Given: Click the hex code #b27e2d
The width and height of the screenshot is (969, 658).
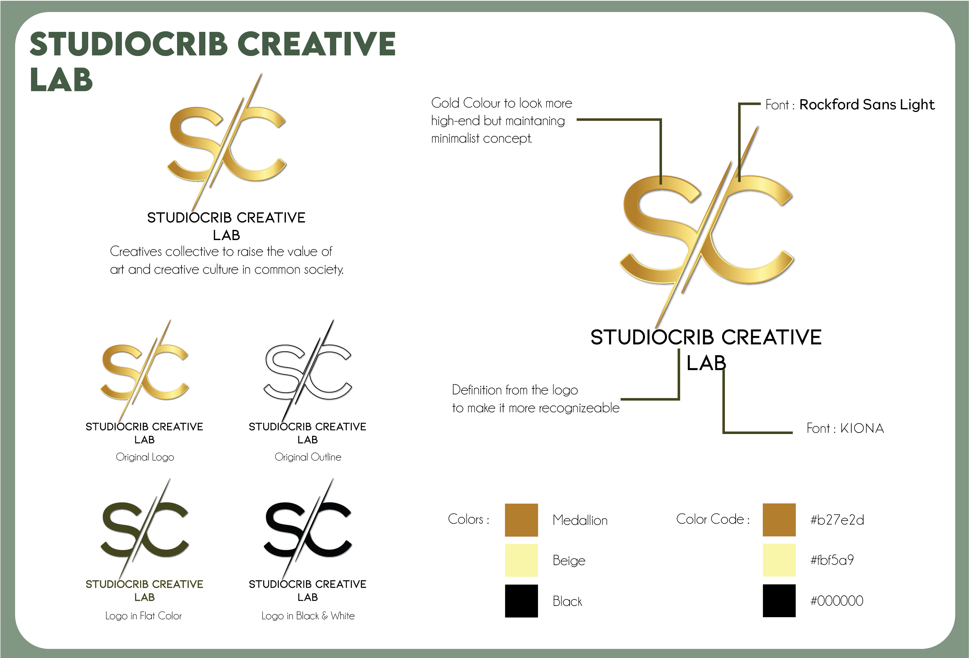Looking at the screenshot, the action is [x=837, y=520].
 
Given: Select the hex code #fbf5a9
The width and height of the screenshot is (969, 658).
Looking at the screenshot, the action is [x=832, y=560].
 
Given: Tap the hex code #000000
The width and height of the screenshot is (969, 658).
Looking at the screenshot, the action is [x=836, y=601].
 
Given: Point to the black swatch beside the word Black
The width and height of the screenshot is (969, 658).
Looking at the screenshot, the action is [x=521, y=601].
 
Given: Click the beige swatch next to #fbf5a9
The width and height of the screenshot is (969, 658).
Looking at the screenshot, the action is [x=779, y=560].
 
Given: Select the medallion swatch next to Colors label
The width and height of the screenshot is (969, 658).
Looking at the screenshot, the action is [x=521, y=520].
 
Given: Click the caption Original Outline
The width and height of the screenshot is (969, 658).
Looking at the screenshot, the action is [x=308, y=457].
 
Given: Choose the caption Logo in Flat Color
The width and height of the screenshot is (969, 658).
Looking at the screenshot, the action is [x=143, y=616].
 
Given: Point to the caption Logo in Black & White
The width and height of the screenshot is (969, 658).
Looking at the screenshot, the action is [x=308, y=616].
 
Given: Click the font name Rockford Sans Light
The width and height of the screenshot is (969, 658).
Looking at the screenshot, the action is [x=867, y=105].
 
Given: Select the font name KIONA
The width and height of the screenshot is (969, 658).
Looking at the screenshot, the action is [x=862, y=428].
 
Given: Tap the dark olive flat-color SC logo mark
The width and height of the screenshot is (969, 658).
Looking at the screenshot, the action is [x=144, y=529].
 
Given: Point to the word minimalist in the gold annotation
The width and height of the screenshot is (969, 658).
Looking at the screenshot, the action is [x=455, y=138].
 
